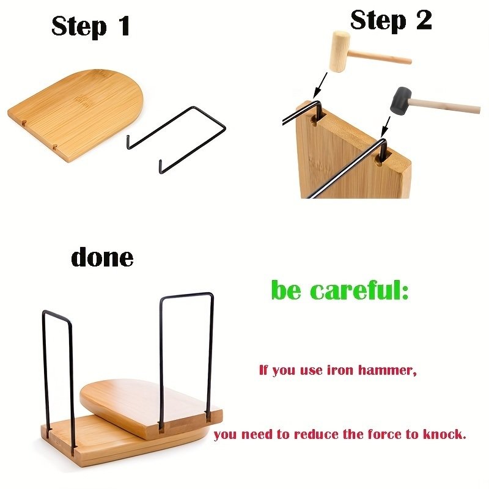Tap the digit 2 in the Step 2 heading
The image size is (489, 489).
click(424, 20)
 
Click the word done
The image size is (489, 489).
click(102, 256)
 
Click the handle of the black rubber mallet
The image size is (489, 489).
click(445, 105)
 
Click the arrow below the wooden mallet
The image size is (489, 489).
click(320, 85)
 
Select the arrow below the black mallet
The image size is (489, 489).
click(386, 127)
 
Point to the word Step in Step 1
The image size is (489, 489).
click(79, 27)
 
